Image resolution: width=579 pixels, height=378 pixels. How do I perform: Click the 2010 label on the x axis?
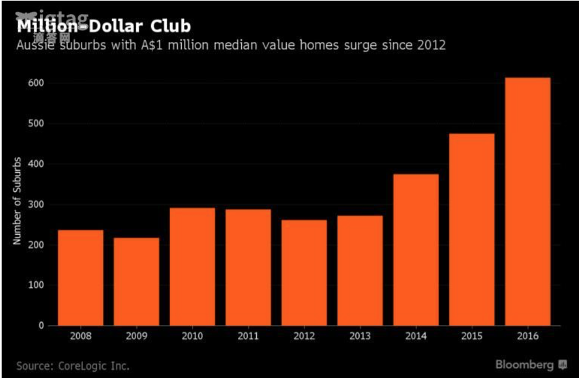(192, 337)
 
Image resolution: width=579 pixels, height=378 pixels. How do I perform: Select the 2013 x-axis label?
(360, 337)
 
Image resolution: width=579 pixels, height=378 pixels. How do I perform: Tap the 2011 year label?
(248, 337)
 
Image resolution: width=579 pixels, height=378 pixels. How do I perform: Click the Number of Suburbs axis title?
(17, 201)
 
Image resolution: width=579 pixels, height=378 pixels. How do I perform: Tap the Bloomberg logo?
(531, 365)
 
